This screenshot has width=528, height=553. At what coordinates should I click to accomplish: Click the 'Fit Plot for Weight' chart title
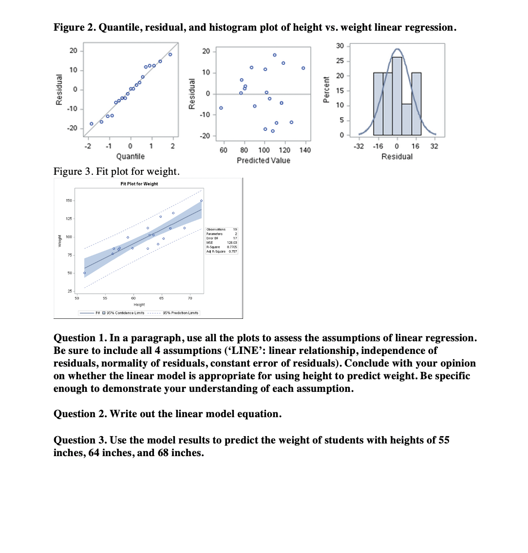(x=139, y=184)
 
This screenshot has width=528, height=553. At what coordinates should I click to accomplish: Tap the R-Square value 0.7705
(x=232, y=247)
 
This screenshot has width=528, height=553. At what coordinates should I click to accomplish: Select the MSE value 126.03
(x=232, y=242)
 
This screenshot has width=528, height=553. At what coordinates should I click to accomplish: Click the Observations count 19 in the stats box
(x=235, y=229)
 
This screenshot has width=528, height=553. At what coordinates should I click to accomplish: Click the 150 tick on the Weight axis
(x=69, y=201)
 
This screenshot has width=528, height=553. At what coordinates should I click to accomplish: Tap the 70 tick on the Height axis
(x=190, y=298)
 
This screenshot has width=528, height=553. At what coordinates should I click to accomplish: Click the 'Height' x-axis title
(x=139, y=305)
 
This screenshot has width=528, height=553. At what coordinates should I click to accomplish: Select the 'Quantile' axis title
(x=130, y=156)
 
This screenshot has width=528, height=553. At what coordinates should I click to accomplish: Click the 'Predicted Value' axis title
(x=263, y=160)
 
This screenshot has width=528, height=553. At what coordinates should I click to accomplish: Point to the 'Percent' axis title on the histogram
(x=327, y=90)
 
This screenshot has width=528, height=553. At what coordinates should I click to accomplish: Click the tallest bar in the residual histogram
(x=397, y=96)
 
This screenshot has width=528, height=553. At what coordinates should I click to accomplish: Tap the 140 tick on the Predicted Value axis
(x=305, y=150)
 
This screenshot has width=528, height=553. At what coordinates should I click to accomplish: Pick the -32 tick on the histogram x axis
(x=359, y=146)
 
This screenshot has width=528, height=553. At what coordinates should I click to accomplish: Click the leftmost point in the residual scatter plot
(x=221, y=108)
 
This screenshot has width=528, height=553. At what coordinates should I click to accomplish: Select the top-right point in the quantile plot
(x=170, y=54)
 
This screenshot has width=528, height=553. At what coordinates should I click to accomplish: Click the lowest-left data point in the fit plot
(x=84, y=273)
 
